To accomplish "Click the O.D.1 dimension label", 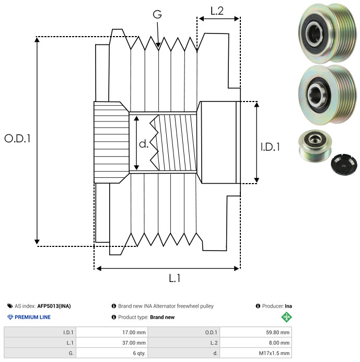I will (18, 139).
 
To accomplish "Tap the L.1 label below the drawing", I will (175, 278).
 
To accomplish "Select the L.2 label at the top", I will (217, 10).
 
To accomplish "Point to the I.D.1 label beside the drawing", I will (270, 148).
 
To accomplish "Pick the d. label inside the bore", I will (144, 144).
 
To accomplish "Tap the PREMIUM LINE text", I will (32, 317).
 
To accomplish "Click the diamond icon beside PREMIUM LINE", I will (10, 317).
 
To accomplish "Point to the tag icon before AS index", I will (10, 306).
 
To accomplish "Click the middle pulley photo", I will (326, 95).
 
